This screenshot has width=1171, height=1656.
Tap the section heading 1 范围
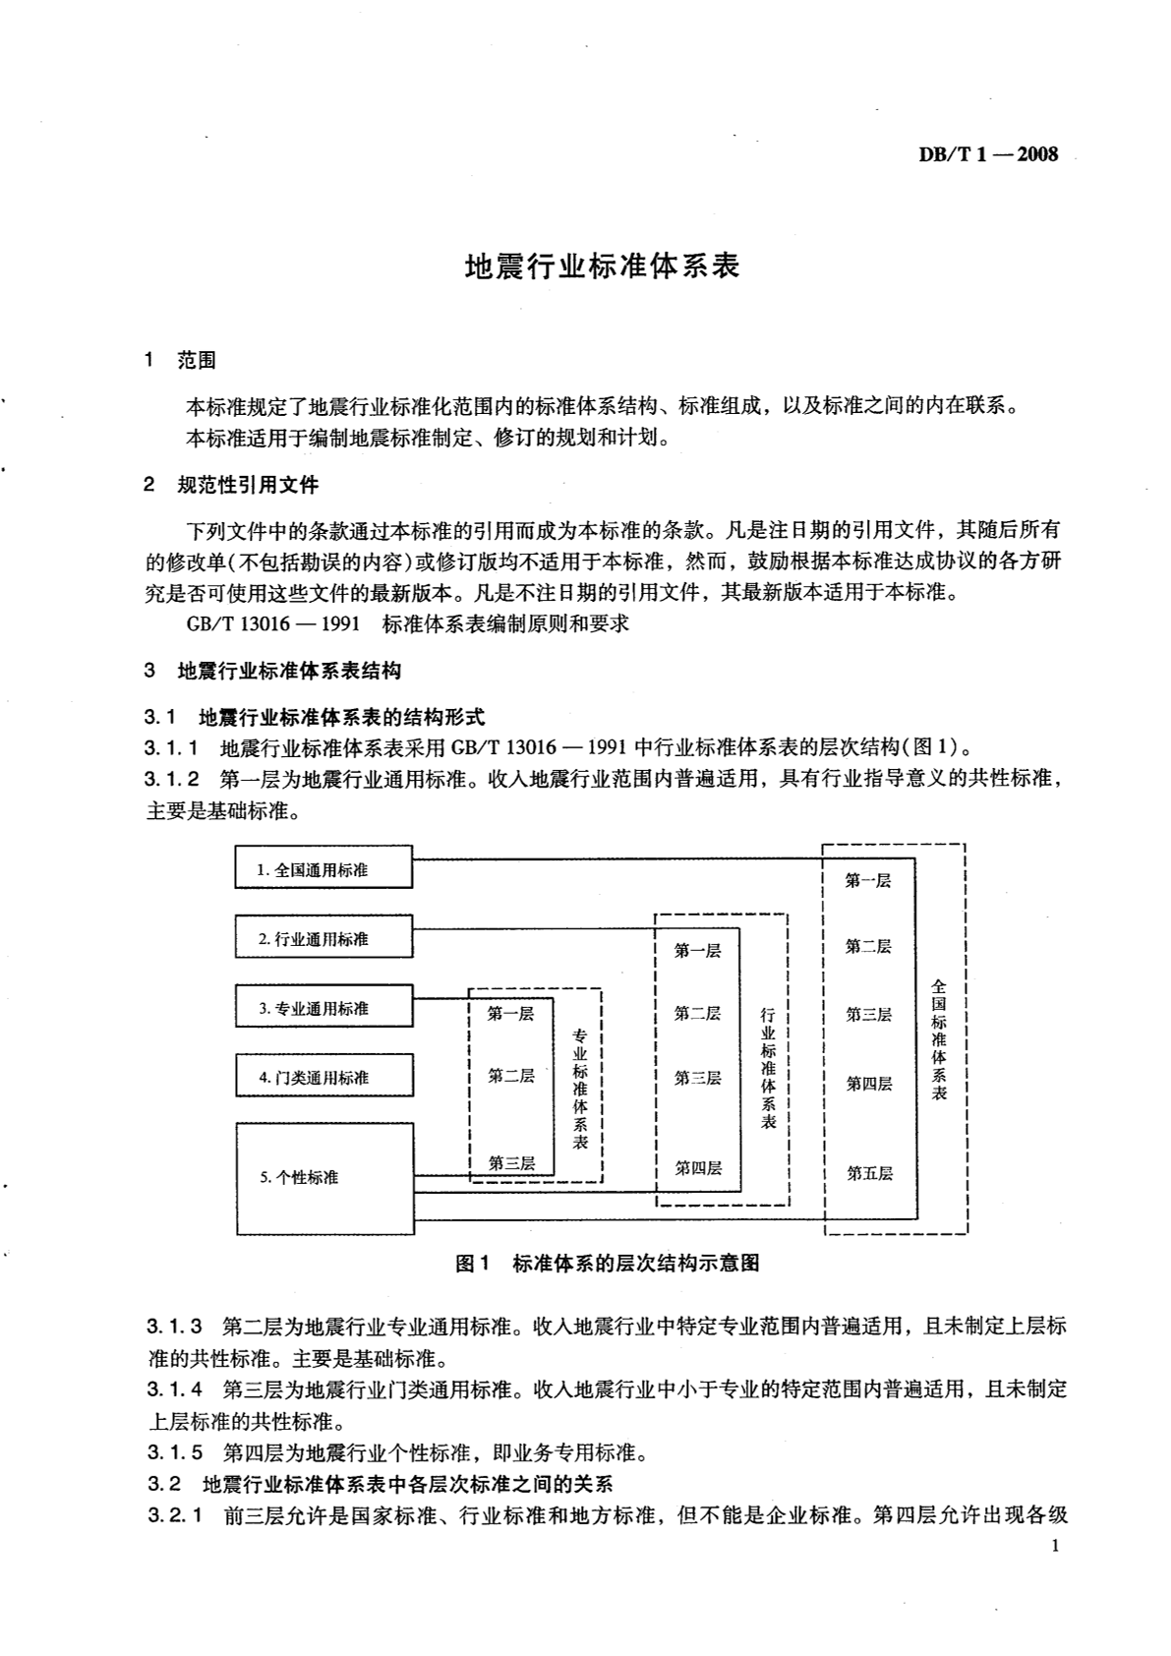click(180, 360)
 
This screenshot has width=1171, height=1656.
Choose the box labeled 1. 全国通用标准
click(323, 869)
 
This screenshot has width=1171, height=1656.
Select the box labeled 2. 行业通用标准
click(323, 938)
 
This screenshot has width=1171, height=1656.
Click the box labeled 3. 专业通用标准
click(323, 1008)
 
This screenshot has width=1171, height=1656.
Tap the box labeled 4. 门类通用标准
click(323, 1077)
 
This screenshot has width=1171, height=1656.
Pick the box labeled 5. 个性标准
click(323, 1177)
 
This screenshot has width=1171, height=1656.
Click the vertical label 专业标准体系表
click(580, 1089)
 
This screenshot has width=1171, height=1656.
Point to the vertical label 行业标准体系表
click(768, 1067)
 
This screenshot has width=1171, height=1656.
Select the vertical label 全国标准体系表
click(939, 1038)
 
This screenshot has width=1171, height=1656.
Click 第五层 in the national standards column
click(869, 1173)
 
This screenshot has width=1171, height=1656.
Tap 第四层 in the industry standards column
click(698, 1168)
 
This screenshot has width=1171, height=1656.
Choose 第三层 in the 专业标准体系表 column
click(511, 1163)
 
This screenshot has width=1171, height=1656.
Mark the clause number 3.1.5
click(175, 1452)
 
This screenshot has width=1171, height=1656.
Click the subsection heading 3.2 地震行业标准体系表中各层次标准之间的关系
click(380, 1484)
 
